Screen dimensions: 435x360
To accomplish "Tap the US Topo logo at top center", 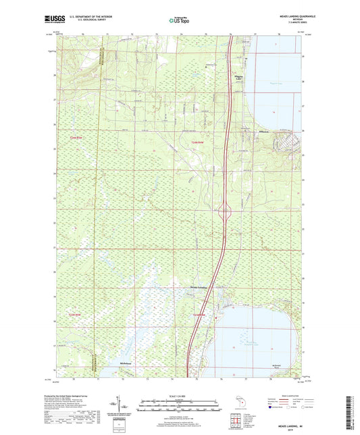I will (x=176, y=20).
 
